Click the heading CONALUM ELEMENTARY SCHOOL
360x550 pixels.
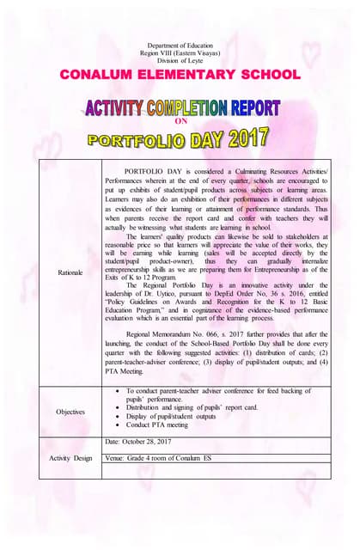180,75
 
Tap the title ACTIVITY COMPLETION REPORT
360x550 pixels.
182,108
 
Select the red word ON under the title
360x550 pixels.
180,122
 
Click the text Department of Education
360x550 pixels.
180,42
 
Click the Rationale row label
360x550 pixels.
71,272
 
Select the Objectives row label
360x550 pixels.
71,412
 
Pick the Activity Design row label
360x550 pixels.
71,458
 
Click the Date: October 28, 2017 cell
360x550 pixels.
143,442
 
